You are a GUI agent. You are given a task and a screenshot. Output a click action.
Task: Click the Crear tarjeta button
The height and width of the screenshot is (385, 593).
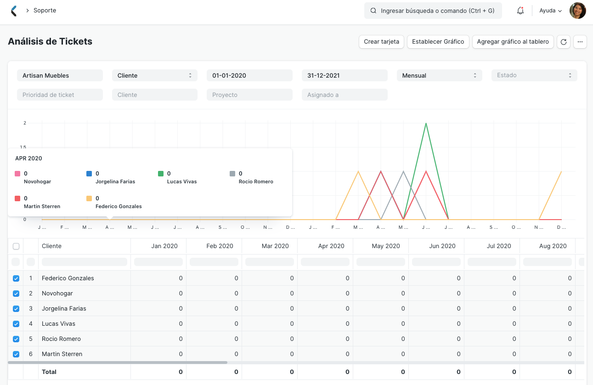coord(381,42)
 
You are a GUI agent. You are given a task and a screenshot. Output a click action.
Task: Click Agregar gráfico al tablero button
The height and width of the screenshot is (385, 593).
coord(513,42)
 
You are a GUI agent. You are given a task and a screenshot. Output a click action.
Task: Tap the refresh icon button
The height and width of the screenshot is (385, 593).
coord(564,42)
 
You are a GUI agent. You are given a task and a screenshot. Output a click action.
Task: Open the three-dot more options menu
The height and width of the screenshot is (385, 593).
coord(580,42)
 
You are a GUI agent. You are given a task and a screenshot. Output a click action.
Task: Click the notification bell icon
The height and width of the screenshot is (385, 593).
coord(520,11)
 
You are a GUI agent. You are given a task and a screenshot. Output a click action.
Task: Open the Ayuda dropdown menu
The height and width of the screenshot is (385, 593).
coord(550,11)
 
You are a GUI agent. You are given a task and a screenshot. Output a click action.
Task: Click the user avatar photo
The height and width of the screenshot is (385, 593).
coord(577,11)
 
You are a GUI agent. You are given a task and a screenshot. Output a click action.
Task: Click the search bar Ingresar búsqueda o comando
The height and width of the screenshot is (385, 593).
coord(433,11)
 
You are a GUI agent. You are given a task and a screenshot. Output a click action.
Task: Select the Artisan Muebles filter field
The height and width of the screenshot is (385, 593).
coord(60,75)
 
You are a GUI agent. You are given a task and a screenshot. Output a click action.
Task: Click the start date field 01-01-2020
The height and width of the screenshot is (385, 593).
coord(249,75)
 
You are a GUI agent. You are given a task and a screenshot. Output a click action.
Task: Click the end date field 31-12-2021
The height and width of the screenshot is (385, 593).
coord(345,75)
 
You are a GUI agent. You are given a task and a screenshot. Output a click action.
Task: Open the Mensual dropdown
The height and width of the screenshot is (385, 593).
coord(439,75)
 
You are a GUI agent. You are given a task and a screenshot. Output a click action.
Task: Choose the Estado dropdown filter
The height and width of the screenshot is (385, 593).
coord(534,75)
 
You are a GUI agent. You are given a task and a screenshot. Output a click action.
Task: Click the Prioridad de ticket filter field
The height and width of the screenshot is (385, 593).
coord(60,95)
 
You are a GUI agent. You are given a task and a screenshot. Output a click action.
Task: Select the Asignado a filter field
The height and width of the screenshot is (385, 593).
coord(345,95)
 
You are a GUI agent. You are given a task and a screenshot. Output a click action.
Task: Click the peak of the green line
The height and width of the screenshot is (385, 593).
coord(426,123)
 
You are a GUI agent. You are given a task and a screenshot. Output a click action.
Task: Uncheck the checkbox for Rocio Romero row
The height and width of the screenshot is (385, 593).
coord(16,339)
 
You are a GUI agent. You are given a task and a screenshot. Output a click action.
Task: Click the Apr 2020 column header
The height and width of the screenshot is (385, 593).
coord(331,246)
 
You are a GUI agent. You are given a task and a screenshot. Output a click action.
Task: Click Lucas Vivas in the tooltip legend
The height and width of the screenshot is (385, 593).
coord(181,181)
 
